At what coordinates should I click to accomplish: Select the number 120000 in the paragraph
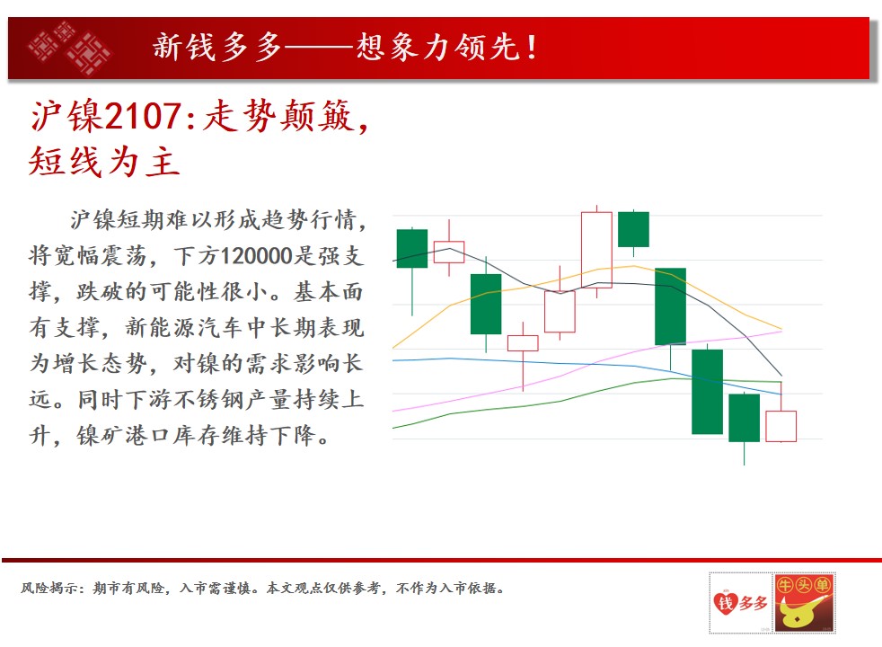(257, 255)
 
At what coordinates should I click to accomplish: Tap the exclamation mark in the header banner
(531, 48)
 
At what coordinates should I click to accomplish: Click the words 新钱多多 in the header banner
(217, 47)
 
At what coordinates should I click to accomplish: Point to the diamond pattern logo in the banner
(69, 48)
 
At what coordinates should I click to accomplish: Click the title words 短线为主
(104, 161)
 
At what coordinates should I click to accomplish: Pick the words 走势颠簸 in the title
(278, 117)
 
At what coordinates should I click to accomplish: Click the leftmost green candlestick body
(412, 249)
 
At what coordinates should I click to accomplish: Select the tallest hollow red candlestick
(596, 251)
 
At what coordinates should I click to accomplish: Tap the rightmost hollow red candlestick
(781, 427)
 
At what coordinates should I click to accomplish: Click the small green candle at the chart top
(633, 229)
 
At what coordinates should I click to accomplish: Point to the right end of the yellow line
(781, 329)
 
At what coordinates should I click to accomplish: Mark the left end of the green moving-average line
(392, 428)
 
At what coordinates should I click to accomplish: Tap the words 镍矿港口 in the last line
(123, 436)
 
